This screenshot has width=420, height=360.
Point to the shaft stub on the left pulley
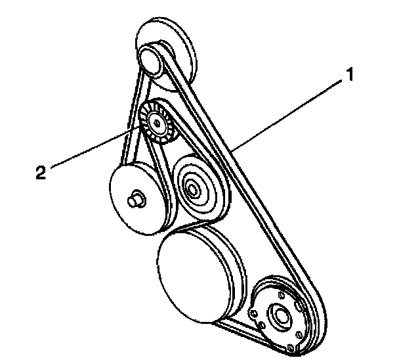pyautogui.click(x=136, y=198)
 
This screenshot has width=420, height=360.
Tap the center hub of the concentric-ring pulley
pyautogui.click(x=194, y=190)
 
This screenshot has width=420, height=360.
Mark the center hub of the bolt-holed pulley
pyautogui.click(x=282, y=316)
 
